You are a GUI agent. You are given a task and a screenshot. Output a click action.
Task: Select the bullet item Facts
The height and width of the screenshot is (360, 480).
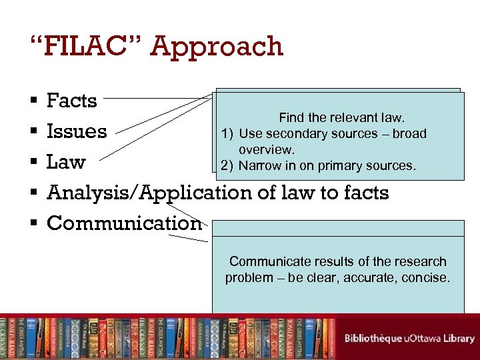72,101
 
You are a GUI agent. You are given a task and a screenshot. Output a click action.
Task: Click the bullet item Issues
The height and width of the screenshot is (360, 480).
77,131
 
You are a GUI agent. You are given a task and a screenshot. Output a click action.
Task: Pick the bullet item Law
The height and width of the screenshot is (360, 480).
66,162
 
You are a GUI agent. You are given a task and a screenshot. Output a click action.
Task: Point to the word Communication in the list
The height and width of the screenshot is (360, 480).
124,223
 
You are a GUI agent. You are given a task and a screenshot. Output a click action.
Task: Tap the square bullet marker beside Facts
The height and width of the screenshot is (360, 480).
33,101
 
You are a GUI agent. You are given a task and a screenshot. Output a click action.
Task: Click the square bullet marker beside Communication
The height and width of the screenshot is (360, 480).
33,223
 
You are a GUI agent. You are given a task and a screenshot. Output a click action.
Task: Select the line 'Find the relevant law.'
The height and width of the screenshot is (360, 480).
341,118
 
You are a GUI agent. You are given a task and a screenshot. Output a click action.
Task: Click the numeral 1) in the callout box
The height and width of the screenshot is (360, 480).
227,133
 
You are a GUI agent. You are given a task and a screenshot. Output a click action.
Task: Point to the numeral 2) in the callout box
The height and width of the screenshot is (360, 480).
227,165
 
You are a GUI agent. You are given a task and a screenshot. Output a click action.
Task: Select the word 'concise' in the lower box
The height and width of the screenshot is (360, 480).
427,277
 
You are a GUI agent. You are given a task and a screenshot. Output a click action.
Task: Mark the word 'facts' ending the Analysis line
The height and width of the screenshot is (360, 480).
364,193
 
